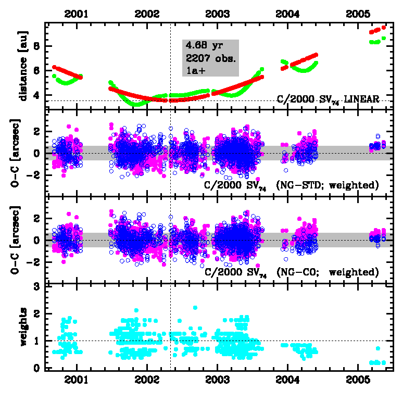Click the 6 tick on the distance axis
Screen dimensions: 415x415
(x=37, y=70)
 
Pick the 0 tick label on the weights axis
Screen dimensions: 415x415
(x=37, y=368)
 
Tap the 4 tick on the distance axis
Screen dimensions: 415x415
(x=37, y=95)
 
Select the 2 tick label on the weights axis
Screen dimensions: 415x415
(x=37, y=313)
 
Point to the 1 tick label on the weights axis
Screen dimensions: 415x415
(x=37, y=341)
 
